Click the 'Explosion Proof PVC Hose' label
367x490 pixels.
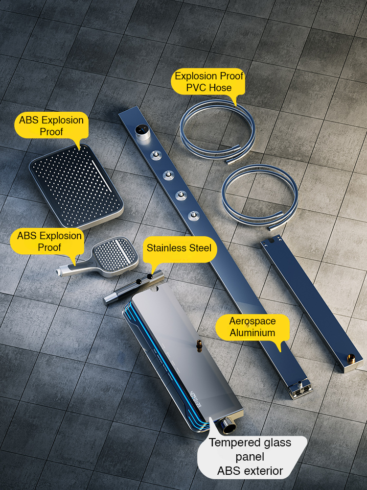click(x=208, y=82)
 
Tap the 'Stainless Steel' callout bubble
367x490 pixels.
click(x=179, y=248)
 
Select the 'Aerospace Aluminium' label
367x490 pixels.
click(x=252, y=327)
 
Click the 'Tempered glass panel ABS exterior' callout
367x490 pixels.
click(x=250, y=457)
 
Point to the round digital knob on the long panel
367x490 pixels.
click(x=142, y=132)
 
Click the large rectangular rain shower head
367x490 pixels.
click(x=76, y=186)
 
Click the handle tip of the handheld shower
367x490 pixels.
click(x=59, y=272)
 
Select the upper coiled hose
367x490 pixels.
click(x=218, y=132)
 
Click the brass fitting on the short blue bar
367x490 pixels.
click(x=351, y=359)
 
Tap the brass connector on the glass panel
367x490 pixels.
click(x=199, y=345)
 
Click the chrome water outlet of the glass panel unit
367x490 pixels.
click(x=229, y=426)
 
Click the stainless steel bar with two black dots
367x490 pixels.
click(x=134, y=287)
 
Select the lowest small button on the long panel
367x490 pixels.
click(x=194, y=215)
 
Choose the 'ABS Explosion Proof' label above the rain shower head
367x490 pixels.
click(x=51, y=125)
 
